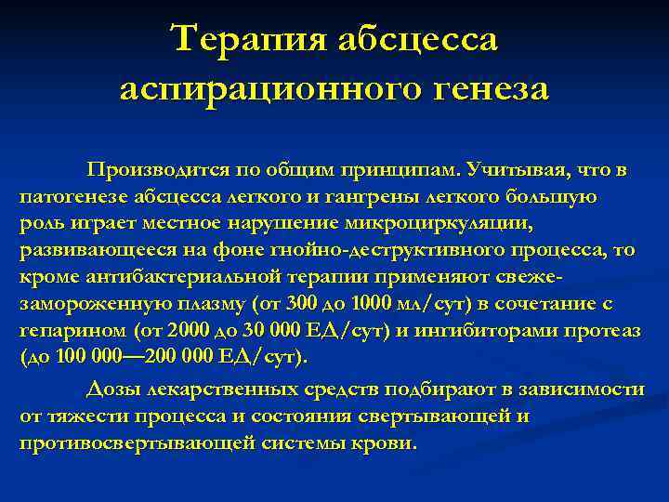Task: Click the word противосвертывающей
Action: tap(120, 443)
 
